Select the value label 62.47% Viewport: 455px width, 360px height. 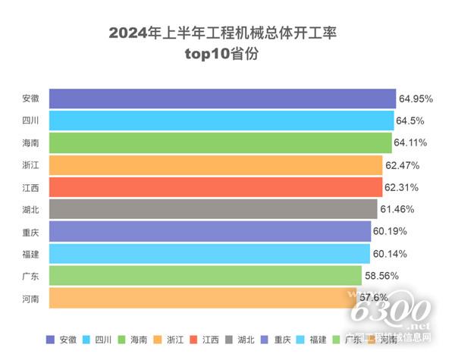coord(402,164)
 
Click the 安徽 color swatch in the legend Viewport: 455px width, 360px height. coord(51,340)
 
